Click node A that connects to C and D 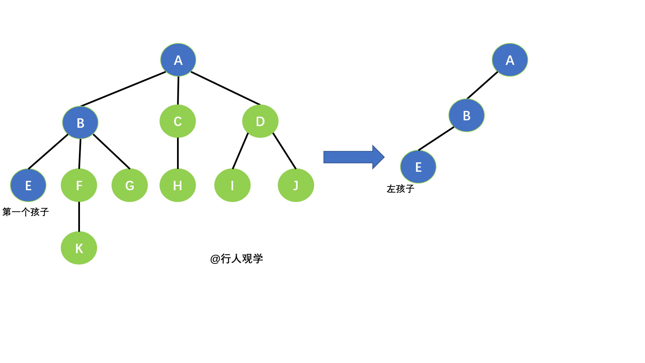[178, 60]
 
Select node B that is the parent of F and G [80, 123]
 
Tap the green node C [178, 121]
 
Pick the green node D [260, 121]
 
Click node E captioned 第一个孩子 [28, 185]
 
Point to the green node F [79, 185]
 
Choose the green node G [130, 185]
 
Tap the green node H [178, 185]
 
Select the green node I [232, 185]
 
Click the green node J [296, 185]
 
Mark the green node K [79, 248]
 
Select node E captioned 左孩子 [418, 167]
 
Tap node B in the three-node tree [467, 115]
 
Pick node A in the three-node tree [510, 60]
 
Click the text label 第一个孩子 [26, 212]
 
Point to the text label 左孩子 [400, 189]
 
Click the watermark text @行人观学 [236, 258]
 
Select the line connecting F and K [79, 217]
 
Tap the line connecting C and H [178, 153]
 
